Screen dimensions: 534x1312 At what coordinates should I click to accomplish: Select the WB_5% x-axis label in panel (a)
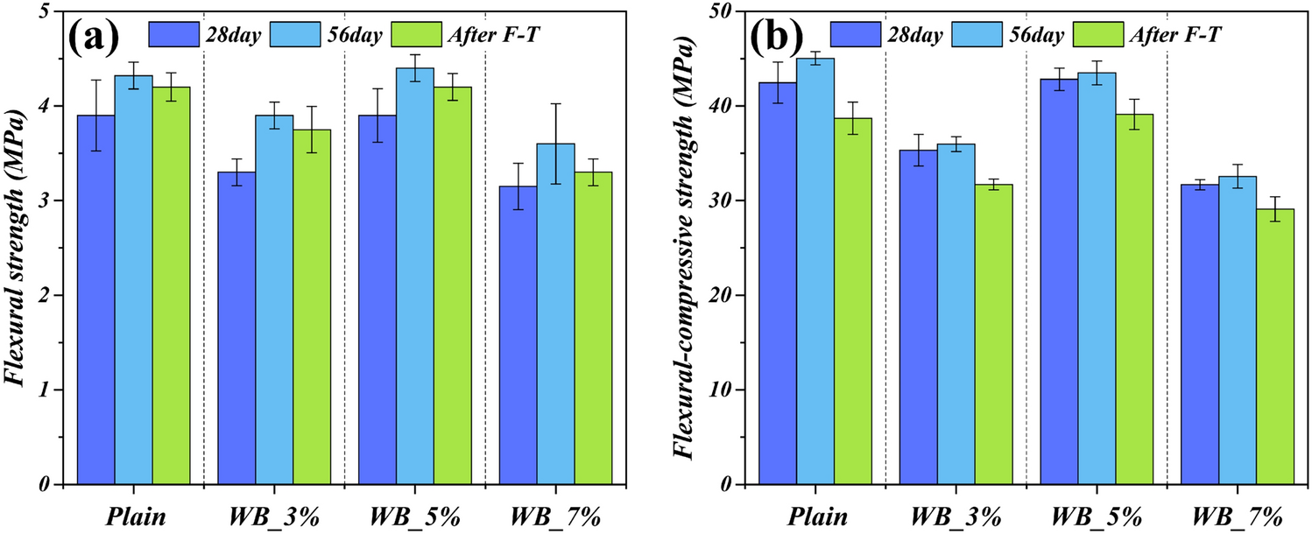417,516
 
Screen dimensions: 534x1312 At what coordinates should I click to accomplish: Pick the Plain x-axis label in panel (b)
815,516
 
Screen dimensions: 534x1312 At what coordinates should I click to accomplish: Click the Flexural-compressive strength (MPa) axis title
691,247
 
